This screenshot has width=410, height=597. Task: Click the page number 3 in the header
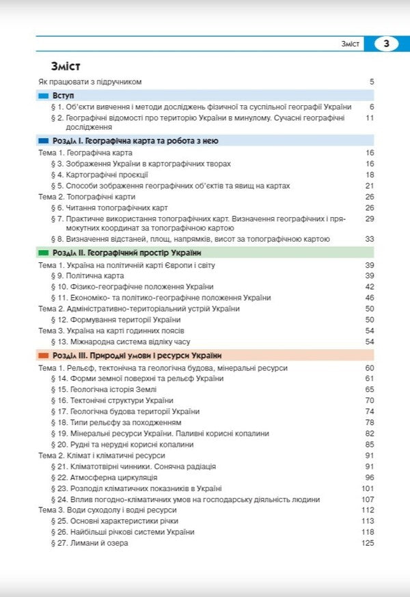(x=386, y=44)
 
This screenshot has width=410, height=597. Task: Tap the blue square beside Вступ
(x=43, y=96)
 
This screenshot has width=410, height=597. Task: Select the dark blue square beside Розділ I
(x=43, y=140)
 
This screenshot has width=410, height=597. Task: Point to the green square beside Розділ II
(x=43, y=252)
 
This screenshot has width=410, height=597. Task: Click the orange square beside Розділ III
(x=43, y=356)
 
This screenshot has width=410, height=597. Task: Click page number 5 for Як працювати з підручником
(x=372, y=82)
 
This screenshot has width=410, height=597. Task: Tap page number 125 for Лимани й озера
(x=368, y=543)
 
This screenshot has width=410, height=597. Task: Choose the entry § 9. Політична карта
(x=87, y=275)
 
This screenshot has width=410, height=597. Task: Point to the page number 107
(x=368, y=499)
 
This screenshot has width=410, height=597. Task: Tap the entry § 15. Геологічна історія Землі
(x=108, y=389)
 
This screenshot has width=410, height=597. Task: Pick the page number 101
(x=368, y=488)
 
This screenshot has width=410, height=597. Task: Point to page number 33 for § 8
(x=370, y=239)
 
